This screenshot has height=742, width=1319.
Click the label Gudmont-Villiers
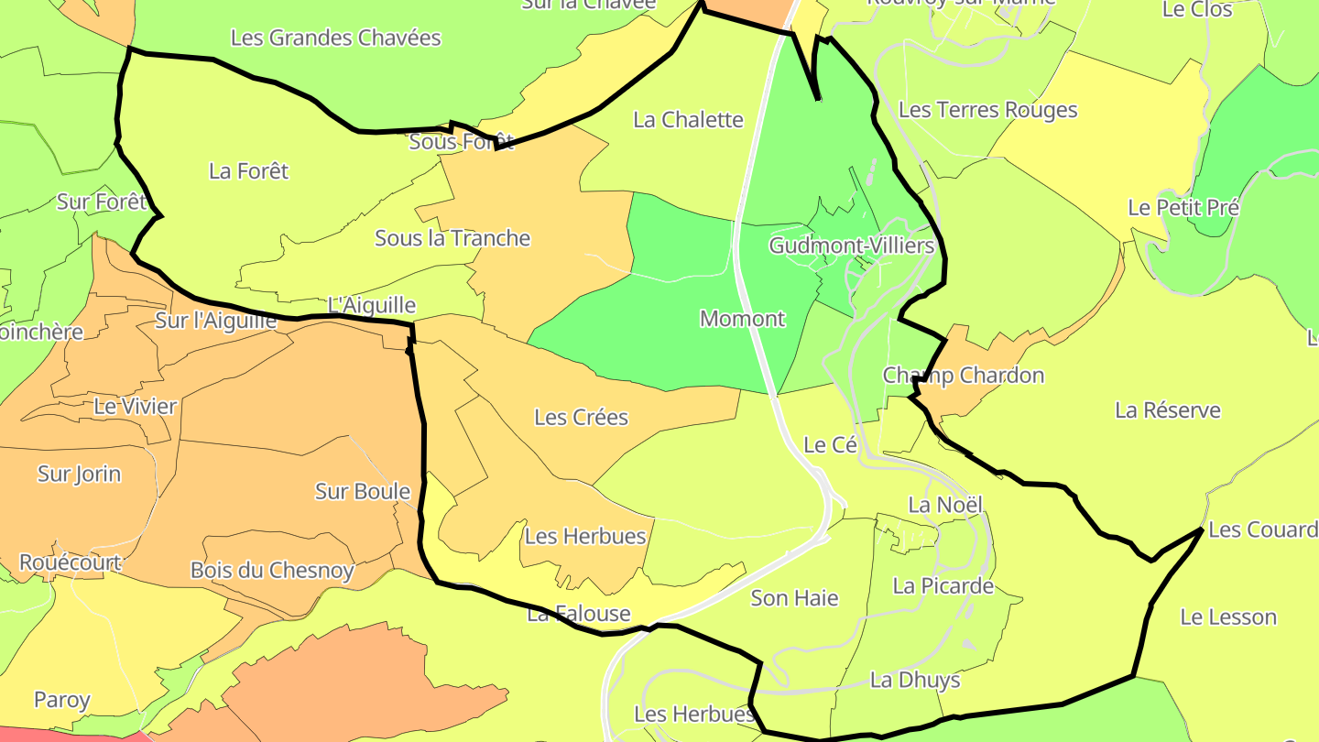851,246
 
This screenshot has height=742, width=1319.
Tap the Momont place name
742,319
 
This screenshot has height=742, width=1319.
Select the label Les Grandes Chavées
335,38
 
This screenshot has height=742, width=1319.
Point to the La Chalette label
688,120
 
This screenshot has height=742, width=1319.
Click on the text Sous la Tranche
452,238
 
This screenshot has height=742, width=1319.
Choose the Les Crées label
581,418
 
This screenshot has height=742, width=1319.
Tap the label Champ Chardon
963,376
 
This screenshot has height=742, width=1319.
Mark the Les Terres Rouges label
987,110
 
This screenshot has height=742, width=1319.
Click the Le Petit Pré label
1183,208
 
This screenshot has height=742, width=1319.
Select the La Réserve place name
1167,410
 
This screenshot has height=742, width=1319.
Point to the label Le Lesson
1227,617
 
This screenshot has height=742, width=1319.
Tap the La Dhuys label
914,680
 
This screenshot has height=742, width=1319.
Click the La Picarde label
943,586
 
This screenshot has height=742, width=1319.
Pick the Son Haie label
794,598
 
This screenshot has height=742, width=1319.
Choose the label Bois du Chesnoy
271,571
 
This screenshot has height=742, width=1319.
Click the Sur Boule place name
362,492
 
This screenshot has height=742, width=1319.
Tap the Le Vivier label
135,407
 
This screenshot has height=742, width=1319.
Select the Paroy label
61,701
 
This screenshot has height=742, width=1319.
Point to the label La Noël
944,505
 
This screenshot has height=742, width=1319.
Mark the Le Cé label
830,445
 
